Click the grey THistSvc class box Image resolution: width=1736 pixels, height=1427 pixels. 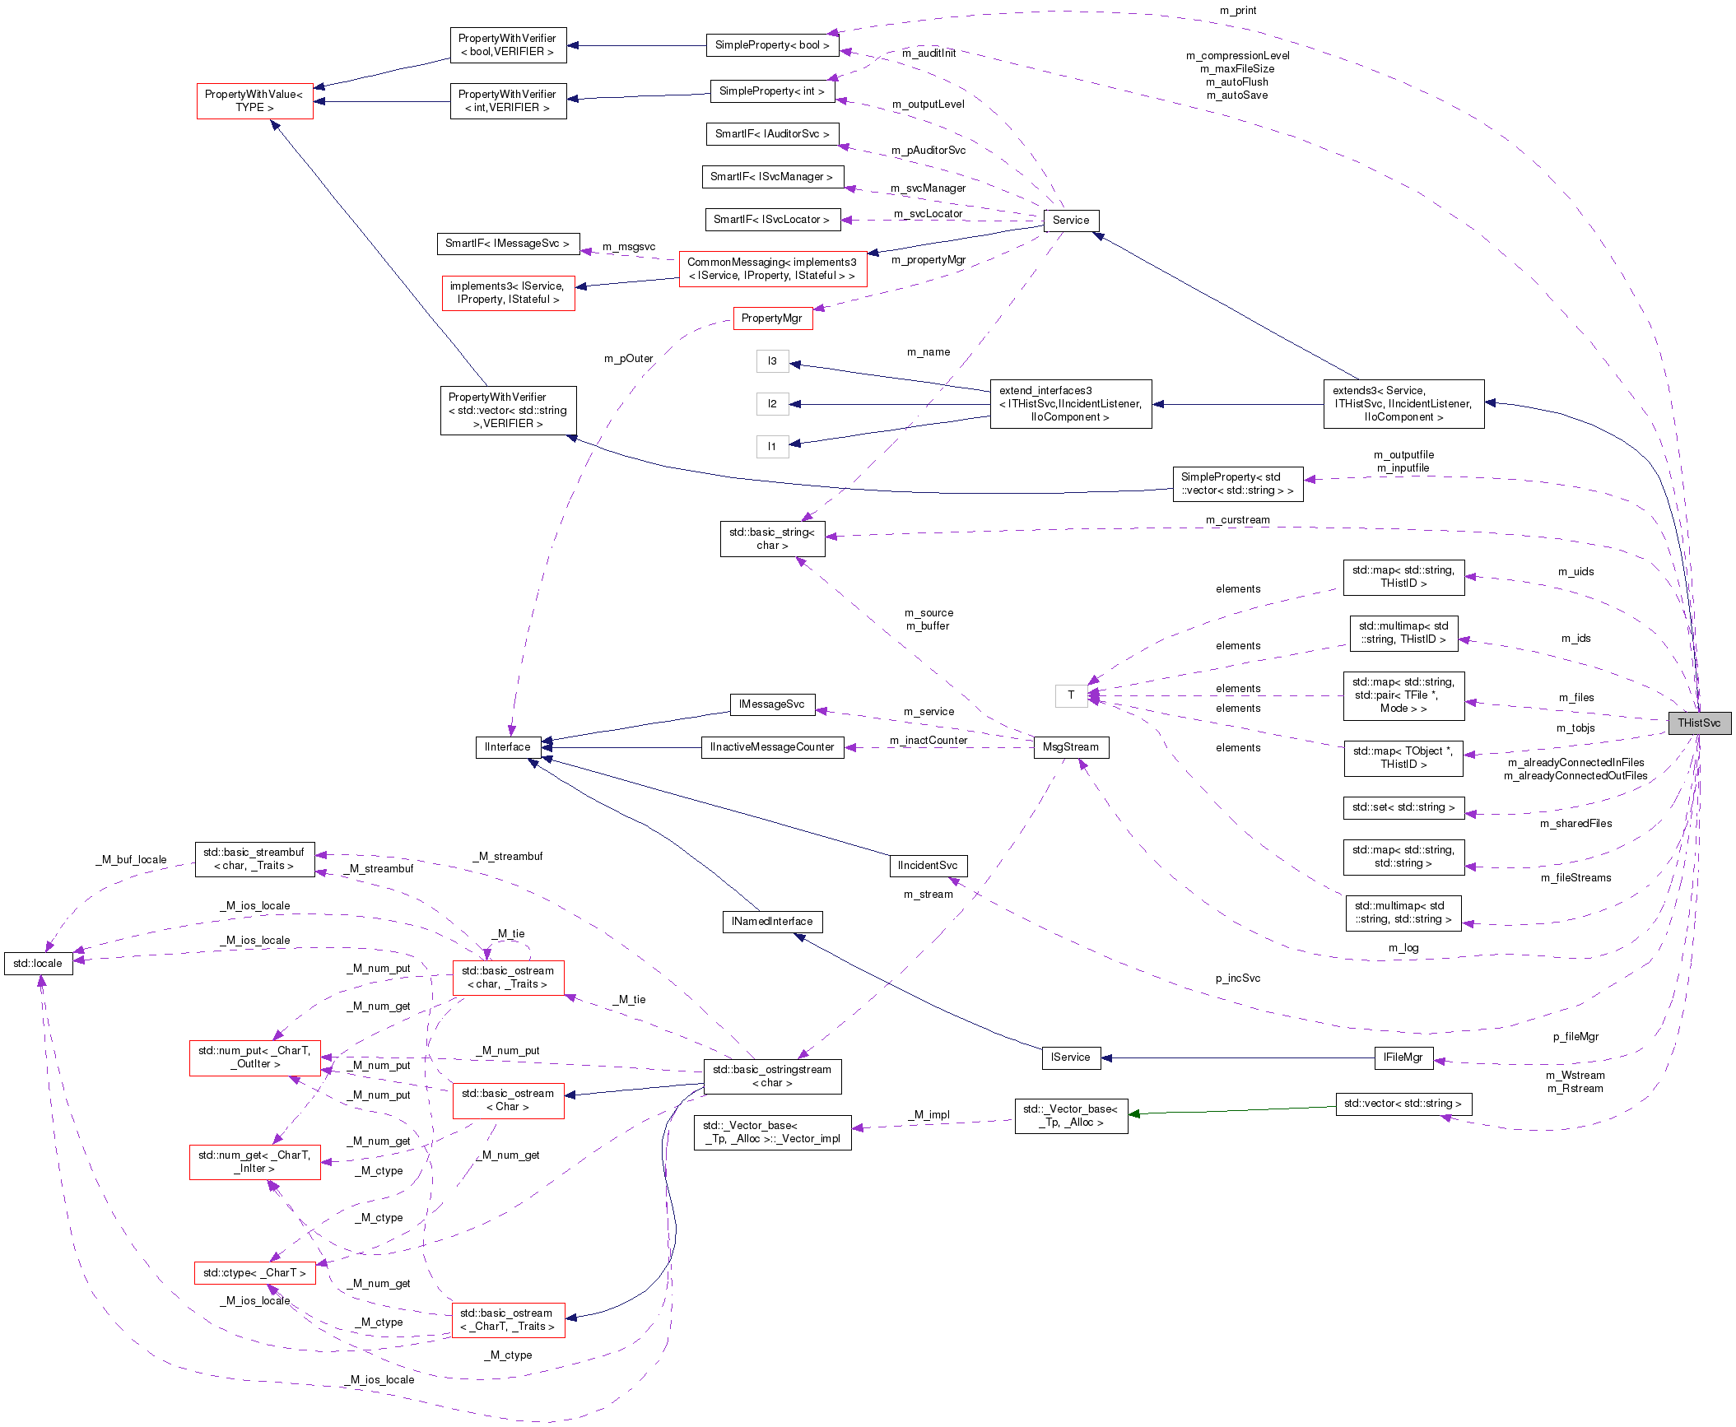[1699, 723]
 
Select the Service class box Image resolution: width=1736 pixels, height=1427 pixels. [1070, 220]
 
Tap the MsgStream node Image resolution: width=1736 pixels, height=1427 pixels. [1070, 746]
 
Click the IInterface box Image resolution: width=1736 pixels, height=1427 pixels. [507, 746]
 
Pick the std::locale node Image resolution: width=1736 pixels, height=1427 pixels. [38, 963]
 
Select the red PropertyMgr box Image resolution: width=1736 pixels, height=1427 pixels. [771, 318]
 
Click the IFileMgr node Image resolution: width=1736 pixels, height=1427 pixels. [1403, 1057]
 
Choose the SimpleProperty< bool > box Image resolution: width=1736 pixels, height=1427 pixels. [772, 44]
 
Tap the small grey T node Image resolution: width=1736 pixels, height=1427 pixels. [1070, 695]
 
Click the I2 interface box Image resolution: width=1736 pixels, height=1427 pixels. [772, 403]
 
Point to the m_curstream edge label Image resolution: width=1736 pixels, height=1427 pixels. [1237, 519]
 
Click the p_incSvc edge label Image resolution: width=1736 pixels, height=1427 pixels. [1237, 978]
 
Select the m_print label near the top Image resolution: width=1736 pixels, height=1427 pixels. [1237, 10]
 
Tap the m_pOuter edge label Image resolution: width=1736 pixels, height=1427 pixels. [628, 358]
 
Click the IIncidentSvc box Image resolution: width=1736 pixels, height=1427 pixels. [927, 865]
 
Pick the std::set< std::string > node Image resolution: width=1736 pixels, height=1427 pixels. [1403, 806]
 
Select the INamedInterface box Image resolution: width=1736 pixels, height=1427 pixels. [771, 921]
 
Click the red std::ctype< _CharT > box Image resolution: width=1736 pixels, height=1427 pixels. [254, 1272]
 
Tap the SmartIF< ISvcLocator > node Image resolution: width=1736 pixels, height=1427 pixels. [771, 219]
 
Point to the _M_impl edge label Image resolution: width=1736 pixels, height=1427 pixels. [931, 1114]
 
